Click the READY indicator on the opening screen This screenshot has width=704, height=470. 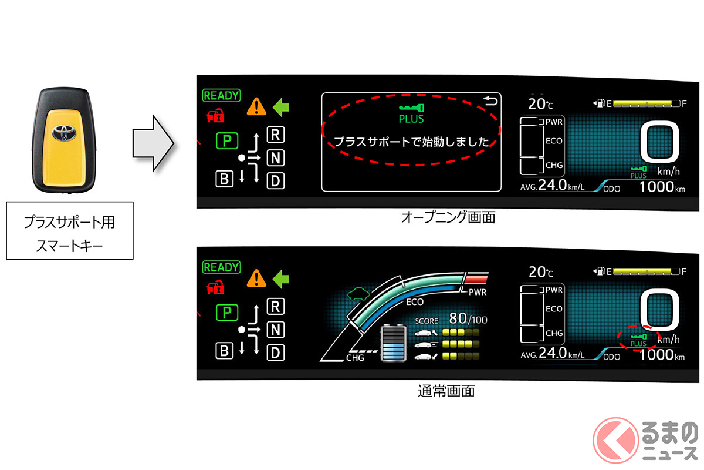pos(221,95)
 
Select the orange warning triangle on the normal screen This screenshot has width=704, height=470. pos(255,277)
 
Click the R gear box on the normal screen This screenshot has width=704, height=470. pos(275,306)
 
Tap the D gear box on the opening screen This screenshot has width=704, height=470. pos(275,180)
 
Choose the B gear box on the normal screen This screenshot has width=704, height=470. pos(224,351)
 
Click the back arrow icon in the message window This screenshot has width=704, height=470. pos(490,103)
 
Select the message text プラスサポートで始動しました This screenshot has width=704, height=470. pos(411,142)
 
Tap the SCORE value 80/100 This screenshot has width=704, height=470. pos(468,320)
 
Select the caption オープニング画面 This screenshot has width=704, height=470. pos(448,217)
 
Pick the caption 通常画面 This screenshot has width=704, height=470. pos(448,391)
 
